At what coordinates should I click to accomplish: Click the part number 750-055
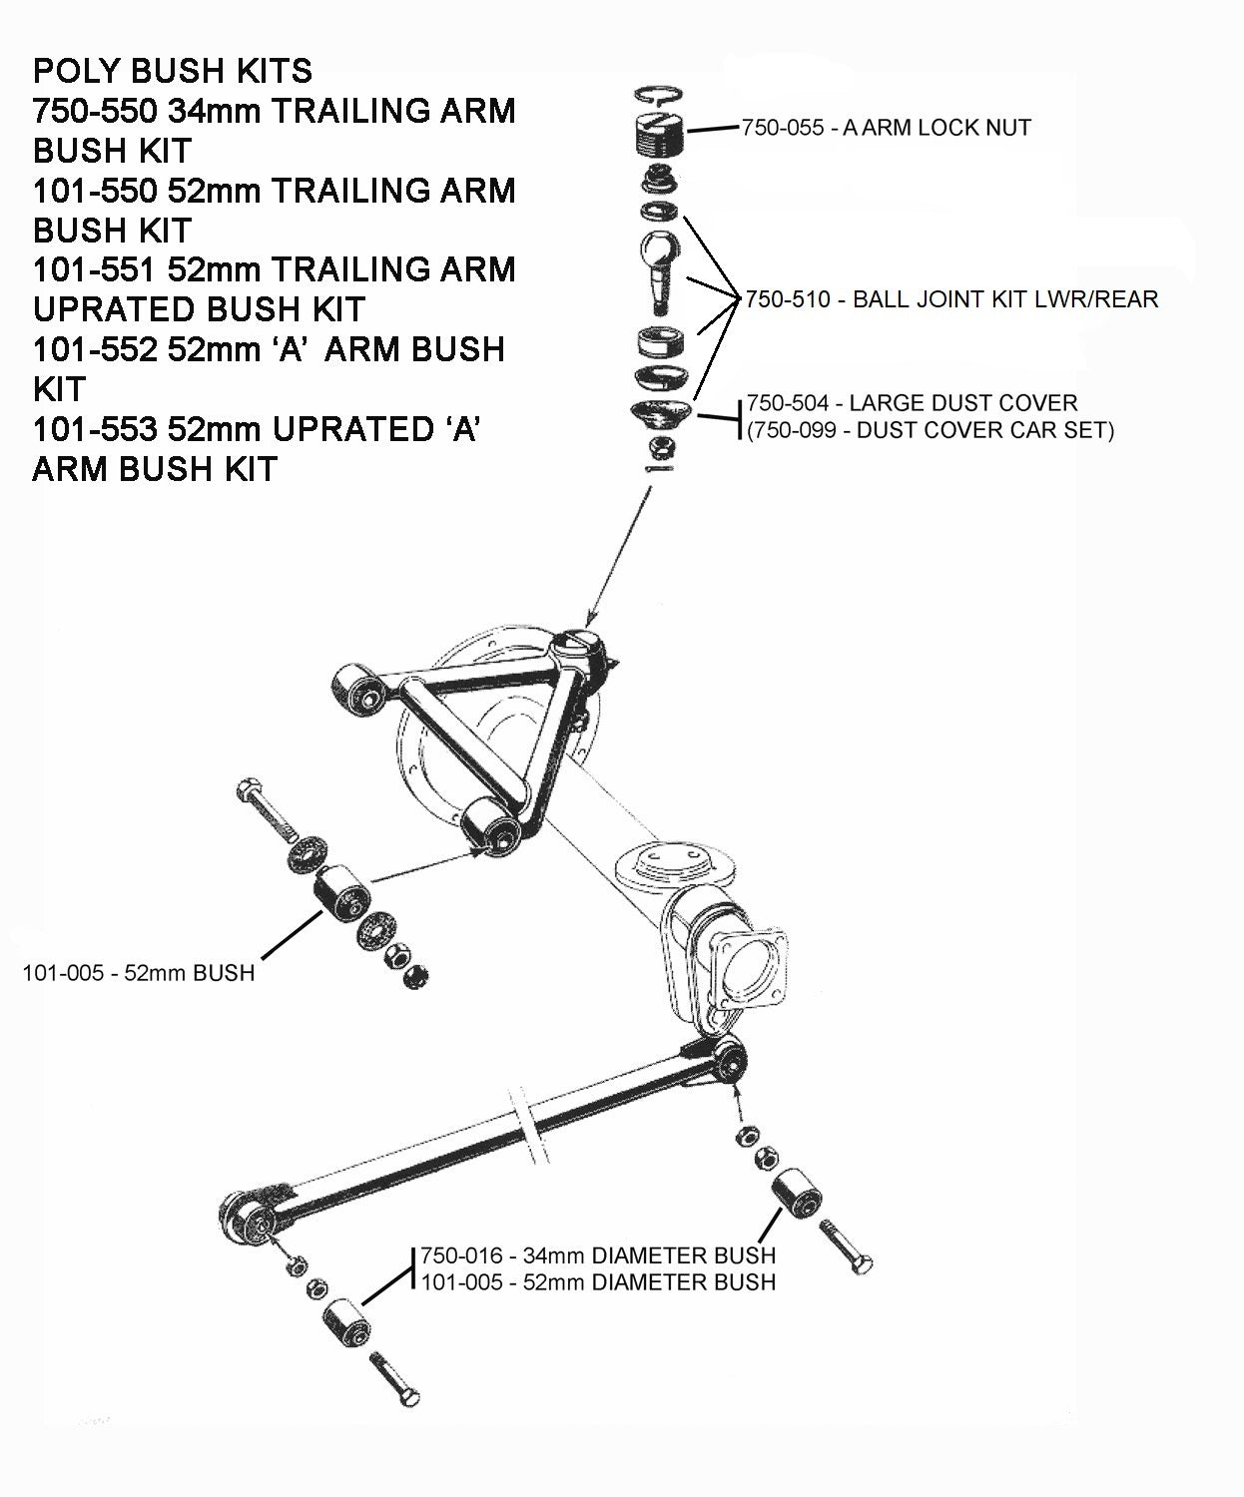point(782,128)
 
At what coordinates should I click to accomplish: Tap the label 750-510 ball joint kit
point(951,299)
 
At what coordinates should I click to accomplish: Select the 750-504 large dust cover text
point(912,403)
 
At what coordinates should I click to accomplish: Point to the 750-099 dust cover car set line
point(930,430)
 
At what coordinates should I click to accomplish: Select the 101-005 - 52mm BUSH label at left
point(139,972)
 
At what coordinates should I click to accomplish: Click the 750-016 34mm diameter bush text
point(597,1254)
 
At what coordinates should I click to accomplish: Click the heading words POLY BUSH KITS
point(173,71)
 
